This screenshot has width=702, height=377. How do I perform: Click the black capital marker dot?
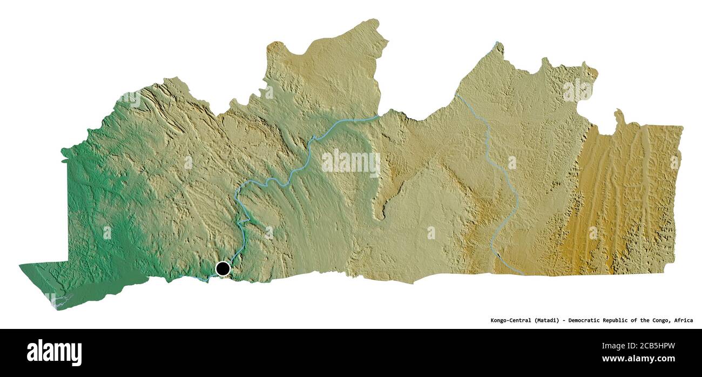point(222,268)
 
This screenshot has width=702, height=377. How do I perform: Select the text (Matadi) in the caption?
point(550,320)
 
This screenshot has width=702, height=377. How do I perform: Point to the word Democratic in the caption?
point(592,320)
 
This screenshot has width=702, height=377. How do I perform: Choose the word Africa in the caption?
point(684,320)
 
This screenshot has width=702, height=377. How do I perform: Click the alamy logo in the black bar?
point(54,352)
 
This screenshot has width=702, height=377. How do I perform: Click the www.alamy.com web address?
point(638,359)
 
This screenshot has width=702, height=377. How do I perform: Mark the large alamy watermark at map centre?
point(350,163)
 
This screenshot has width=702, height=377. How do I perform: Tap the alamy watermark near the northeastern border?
point(578,90)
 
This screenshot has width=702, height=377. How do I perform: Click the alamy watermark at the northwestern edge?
point(130,99)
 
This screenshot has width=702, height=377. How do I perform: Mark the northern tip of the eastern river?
point(496,42)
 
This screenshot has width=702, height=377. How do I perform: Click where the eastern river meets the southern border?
point(523,274)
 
